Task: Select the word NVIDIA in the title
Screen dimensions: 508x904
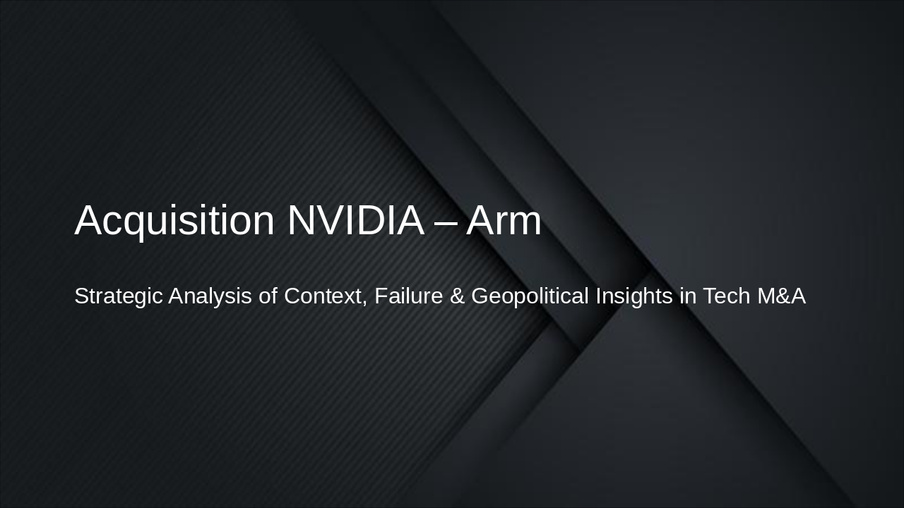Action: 355,220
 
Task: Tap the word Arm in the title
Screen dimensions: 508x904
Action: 504,220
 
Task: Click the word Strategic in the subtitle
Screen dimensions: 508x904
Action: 118,296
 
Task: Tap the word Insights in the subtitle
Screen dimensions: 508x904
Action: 634,296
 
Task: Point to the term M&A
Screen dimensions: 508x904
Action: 781,296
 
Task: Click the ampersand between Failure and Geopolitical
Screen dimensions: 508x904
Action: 458,296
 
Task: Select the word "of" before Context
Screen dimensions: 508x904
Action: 268,296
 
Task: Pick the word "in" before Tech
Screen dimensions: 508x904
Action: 688,296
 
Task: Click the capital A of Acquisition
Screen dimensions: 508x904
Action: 88,220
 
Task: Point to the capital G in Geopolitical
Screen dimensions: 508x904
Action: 480,296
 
